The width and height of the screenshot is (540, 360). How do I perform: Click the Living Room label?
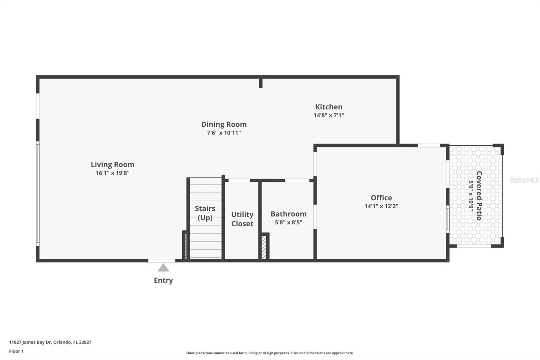point(112,164)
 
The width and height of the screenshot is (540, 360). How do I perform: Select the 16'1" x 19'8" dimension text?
point(112,173)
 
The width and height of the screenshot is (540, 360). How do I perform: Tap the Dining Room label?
point(224,124)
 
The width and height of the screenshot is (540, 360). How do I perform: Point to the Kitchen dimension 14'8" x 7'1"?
point(329,115)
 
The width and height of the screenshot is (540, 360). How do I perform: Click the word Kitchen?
point(329,107)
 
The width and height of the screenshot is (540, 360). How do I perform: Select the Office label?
point(381,198)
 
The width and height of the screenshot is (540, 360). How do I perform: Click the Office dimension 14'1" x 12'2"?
point(381,206)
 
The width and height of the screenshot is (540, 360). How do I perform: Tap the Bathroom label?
point(289,214)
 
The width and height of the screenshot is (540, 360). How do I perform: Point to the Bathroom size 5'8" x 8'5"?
point(289,222)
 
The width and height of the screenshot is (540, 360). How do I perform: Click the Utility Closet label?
point(242,219)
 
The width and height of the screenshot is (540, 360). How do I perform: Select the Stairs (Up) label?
point(205,213)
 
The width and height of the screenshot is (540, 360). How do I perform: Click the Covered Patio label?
point(479,196)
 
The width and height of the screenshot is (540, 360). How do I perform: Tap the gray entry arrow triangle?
point(163,268)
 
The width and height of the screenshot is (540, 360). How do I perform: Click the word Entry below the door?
point(163,280)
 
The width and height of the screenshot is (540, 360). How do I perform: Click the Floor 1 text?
point(16,351)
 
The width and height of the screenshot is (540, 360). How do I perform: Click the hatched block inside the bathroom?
point(264,247)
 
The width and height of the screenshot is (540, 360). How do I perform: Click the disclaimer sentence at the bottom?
point(270,353)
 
